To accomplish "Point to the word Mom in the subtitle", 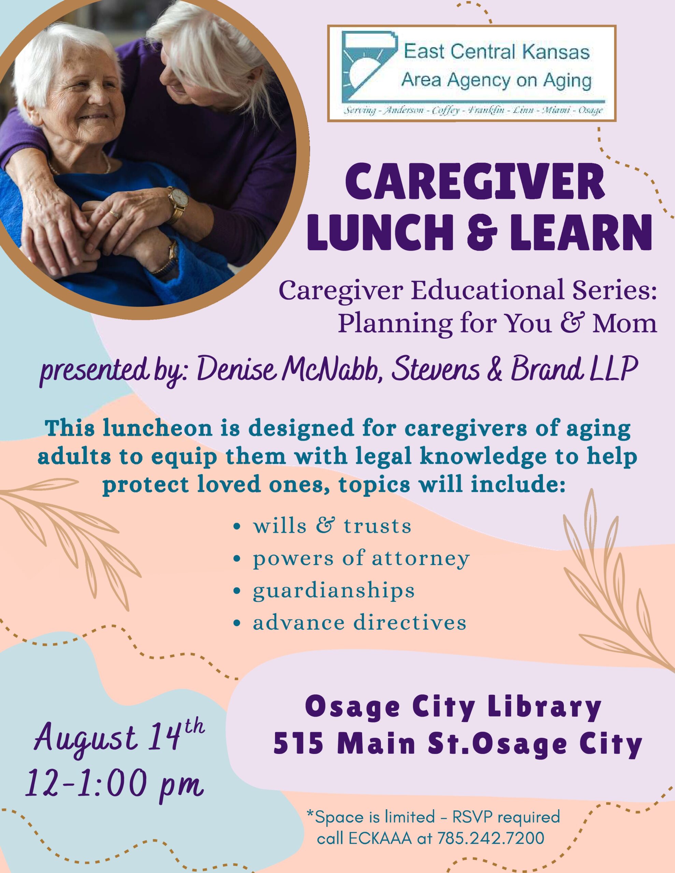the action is [x=625, y=323].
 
